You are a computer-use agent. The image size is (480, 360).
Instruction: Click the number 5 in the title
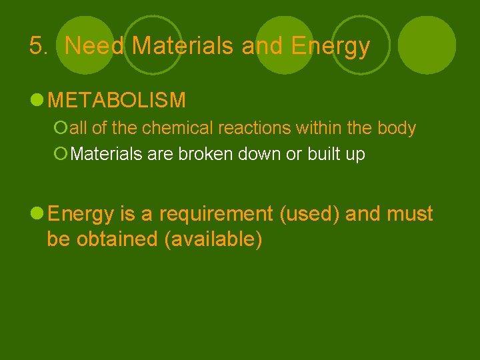[x=36, y=46]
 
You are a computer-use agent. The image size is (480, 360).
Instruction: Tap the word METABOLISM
[x=117, y=101]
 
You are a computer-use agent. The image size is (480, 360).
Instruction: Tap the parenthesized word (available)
[x=213, y=239]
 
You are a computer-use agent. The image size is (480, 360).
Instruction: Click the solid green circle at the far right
[x=427, y=45]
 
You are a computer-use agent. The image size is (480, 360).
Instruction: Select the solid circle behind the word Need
[x=85, y=45]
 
